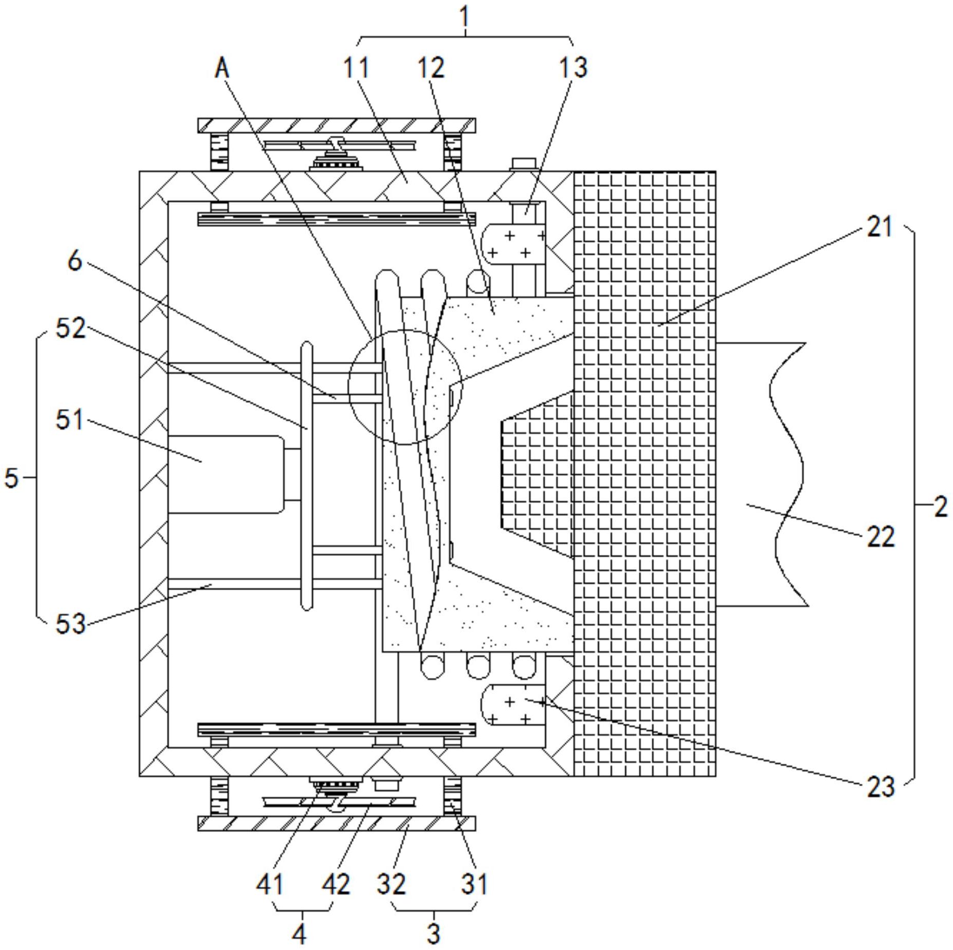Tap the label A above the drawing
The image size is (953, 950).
222,68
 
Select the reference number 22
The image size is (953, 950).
881,537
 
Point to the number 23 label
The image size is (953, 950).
881,786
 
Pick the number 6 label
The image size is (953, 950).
75,261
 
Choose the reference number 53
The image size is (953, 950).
70,624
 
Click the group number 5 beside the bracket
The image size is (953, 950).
11,478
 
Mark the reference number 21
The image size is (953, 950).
880,226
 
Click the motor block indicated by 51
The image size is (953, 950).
226,474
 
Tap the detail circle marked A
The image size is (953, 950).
405,386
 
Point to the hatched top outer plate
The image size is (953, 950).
336,125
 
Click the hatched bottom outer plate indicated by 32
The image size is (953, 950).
336,823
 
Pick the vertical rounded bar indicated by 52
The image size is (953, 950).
307,476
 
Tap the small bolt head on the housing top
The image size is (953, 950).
523,165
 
